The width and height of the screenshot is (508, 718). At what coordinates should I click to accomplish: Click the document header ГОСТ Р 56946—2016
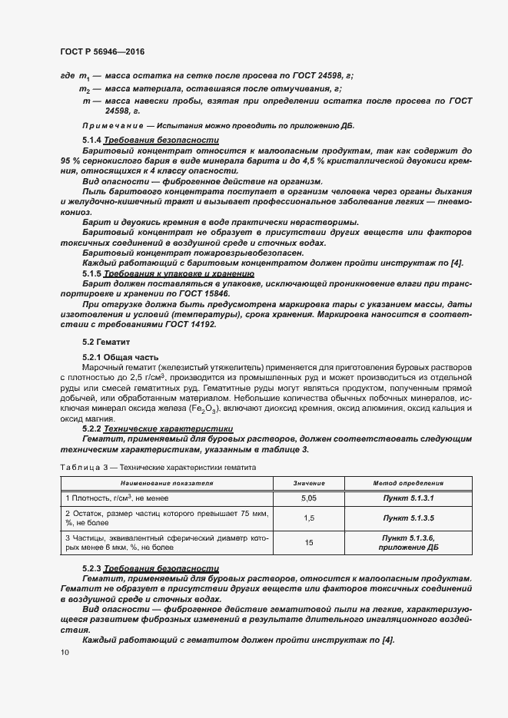click(x=102, y=51)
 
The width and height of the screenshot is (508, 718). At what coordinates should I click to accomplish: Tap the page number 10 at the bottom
click(x=64, y=653)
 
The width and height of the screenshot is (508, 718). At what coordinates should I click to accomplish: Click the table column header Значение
click(x=309, y=484)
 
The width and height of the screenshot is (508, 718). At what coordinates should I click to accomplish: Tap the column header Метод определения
click(x=408, y=484)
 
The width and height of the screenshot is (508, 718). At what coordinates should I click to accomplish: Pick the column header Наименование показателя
click(x=166, y=484)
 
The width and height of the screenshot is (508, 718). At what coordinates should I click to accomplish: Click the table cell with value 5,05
click(x=309, y=499)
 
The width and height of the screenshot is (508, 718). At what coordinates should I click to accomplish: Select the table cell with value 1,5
click(x=309, y=519)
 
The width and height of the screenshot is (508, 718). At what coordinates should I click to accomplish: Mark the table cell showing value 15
click(x=309, y=543)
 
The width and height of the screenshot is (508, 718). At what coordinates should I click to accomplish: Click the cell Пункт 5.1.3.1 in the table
click(x=408, y=499)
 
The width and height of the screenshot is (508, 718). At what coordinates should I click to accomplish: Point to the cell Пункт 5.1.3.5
click(x=408, y=519)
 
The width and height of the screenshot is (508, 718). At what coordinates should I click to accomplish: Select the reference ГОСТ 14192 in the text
click(x=189, y=324)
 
